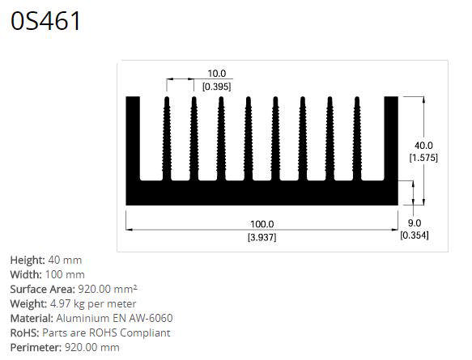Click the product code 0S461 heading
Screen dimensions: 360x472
46,22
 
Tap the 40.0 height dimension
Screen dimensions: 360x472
423,145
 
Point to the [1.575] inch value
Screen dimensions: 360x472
423,158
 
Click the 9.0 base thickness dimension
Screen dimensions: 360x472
414,222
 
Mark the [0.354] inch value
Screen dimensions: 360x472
414,235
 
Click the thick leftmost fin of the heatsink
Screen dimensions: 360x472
133,138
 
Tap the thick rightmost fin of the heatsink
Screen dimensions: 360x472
391,138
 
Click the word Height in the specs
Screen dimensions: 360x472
27,260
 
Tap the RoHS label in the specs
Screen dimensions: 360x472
24,332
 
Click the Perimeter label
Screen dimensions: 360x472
35,347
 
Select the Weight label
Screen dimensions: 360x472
28,303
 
